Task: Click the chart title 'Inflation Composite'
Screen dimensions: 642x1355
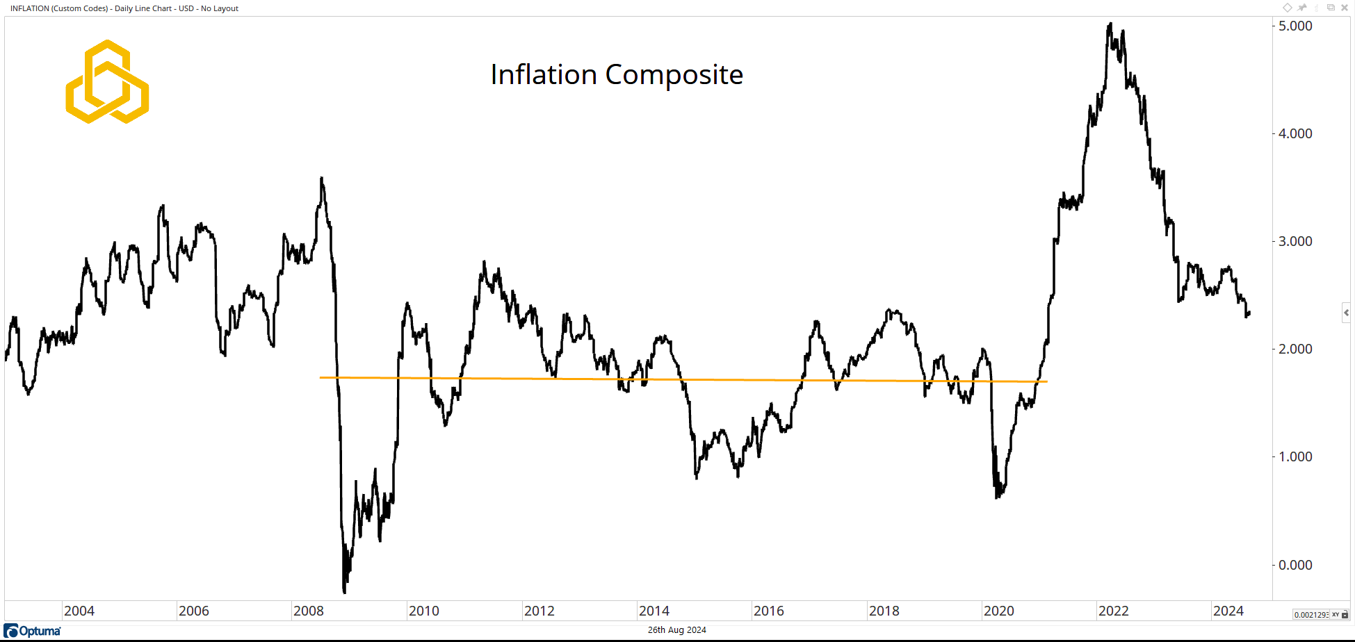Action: point(617,75)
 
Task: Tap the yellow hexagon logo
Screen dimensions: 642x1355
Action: point(107,82)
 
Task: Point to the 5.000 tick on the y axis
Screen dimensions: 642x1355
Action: point(1295,26)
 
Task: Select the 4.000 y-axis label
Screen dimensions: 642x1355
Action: point(1295,133)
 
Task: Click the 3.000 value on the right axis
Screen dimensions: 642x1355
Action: point(1295,241)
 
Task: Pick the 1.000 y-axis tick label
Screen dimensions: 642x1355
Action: point(1295,456)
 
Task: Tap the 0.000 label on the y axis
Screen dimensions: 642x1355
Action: point(1295,565)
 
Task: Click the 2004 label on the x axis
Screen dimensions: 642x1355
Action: point(79,611)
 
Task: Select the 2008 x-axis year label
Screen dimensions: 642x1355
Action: point(309,611)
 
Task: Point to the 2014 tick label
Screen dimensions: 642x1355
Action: point(654,611)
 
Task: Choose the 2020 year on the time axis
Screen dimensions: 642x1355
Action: point(999,611)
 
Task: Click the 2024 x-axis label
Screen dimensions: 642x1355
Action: point(1228,611)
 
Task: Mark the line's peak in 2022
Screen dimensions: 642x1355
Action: point(1110,24)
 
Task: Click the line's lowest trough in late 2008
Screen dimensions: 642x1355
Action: point(344,592)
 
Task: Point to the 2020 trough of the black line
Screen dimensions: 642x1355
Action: point(998,497)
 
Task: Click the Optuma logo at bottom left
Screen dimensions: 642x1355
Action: point(33,631)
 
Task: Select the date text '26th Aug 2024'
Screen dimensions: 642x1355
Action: point(676,630)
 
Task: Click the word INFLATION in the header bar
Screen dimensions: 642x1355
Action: point(29,8)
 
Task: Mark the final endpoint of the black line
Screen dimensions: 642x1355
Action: point(1249,313)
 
